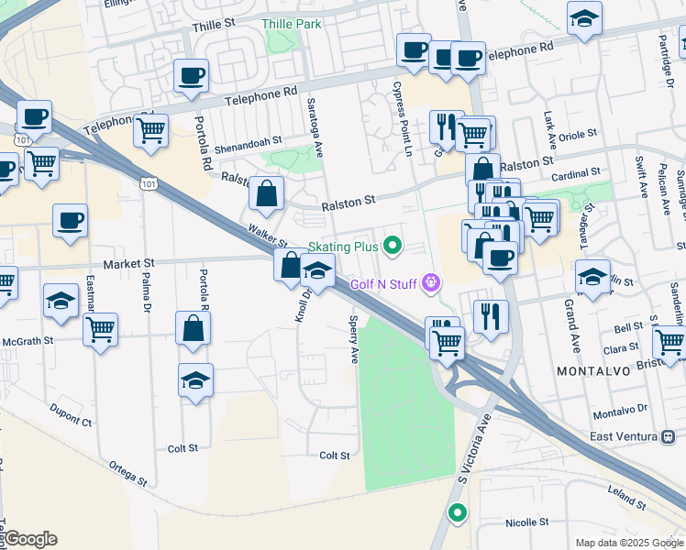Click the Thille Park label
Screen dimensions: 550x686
[291, 23]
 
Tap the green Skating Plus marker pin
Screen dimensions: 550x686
[393, 245]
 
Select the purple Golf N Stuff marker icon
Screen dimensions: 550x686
[432, 285]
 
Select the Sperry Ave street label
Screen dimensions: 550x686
[353, 339]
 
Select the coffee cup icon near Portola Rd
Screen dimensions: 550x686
[191, 76]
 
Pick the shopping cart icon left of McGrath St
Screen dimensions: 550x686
[100, 327]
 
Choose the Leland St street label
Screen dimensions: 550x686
[627, 499]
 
